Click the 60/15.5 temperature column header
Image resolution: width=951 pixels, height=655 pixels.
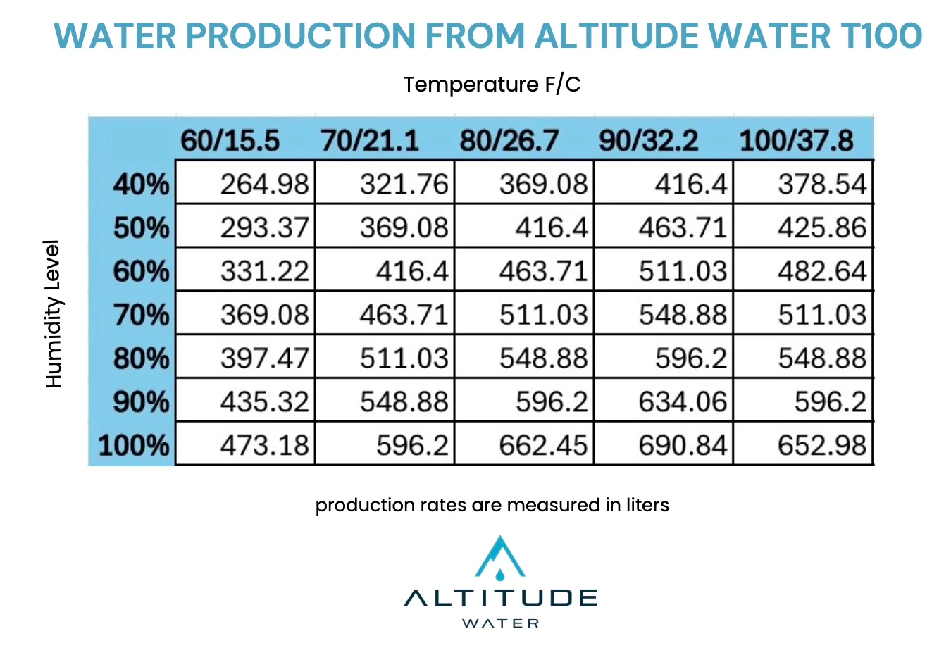(230, 140)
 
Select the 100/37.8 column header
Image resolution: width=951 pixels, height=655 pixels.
(796, 140)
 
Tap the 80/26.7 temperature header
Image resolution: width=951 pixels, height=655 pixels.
(509, 140)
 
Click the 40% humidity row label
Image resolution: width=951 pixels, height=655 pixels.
(141, 185)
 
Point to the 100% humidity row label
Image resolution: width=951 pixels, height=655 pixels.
(134, 445)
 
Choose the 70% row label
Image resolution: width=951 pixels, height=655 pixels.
(141, 315)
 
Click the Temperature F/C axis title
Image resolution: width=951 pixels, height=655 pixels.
(492, 85)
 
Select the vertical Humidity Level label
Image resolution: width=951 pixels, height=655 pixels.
(53, 314)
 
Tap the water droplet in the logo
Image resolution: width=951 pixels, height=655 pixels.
(499, 575)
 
